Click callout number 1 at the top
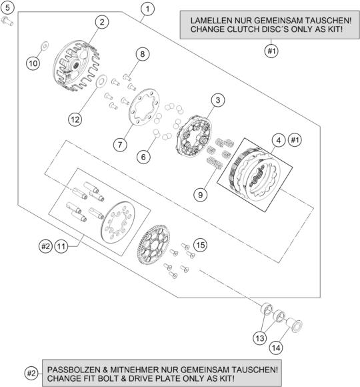pyautogui.click(x=147, y=9)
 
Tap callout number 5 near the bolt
pyautogui.click(x=7, y=8)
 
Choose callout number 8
pyautogui.click(x=141, y=53)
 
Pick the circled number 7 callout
pyautogui.click(x=120, y=144)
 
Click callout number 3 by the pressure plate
pyautogui.click(x=216, y=100)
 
